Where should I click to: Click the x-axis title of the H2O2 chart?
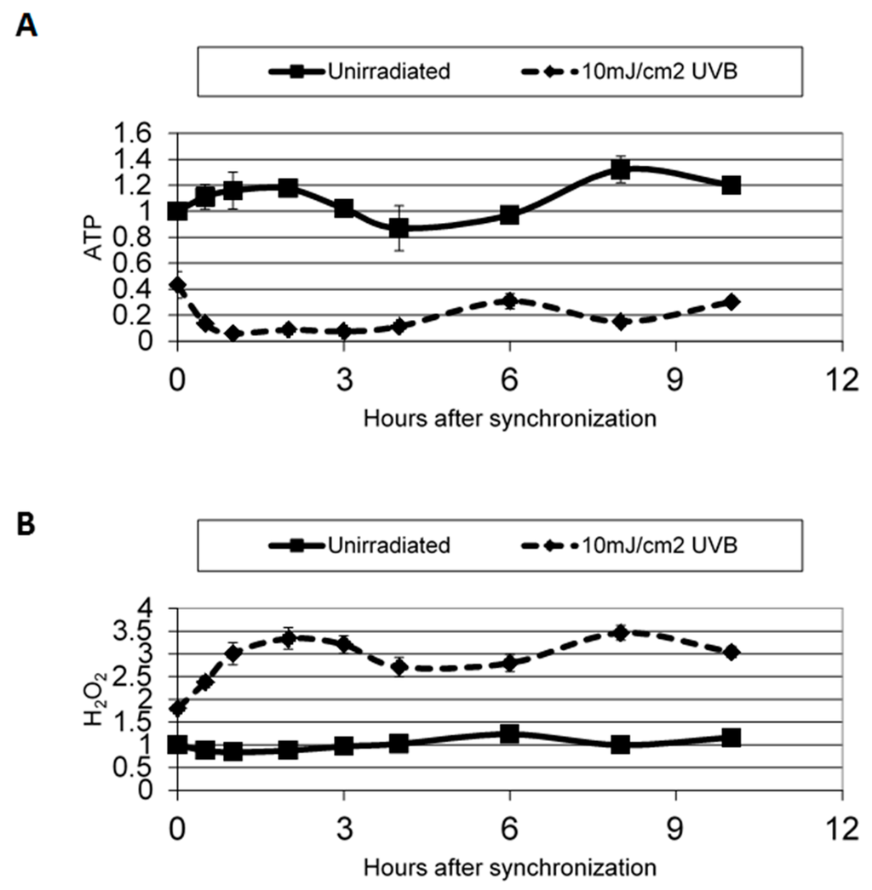click(509, 868)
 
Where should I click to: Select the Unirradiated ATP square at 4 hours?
click(399, 228)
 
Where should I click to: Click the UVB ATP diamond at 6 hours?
click(509, 300)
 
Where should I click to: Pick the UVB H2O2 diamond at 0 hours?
click(177, 708)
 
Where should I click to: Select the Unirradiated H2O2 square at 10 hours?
click(731, 738)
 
